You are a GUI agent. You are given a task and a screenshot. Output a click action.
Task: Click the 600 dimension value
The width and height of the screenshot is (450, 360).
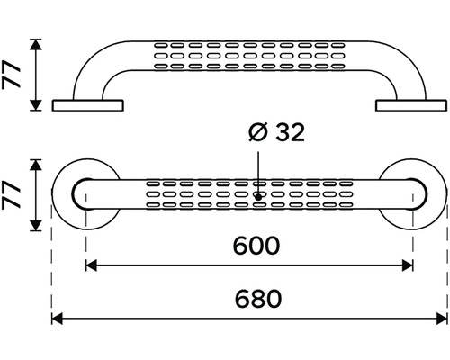pyautogui.click(x=256, y=246)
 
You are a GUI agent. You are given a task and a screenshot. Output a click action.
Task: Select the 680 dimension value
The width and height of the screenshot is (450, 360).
pyautogui.click(x=258, y=299)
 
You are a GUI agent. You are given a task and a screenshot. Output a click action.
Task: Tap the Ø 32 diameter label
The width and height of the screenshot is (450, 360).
pyautogui.click(x=276, y=132)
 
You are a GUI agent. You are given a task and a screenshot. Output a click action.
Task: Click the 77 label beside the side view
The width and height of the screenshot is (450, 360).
pyautogui.click(x=11, y=75)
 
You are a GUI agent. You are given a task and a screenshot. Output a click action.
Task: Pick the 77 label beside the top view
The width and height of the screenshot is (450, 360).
pyautogui.click(x=11, y=195)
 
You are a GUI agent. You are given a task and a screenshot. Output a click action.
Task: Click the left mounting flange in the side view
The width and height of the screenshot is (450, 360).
pyautogui.click(x=87, y=105)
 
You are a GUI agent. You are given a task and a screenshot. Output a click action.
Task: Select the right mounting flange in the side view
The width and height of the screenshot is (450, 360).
pyautogui.click(x=411, y=105)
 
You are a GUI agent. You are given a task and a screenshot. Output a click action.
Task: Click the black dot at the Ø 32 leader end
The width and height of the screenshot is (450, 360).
pyautogui.click(x=258, y=197)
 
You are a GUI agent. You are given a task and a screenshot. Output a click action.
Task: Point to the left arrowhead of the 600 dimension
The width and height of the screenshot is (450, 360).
pyautogui.click(x=91, y=265)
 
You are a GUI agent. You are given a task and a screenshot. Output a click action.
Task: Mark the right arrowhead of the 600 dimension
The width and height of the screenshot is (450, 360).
pyautogui.click(x=408, y=265)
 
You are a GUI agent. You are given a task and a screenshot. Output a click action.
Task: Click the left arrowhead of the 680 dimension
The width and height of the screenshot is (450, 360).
pyautogui.click(x=57, y=319)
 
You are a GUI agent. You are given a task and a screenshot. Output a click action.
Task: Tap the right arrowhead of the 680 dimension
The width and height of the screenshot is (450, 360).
pyautogui.click(x=442, y=319)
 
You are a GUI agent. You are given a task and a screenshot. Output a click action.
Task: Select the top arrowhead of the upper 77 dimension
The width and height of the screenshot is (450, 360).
pyautogui.click(x=36, y=44)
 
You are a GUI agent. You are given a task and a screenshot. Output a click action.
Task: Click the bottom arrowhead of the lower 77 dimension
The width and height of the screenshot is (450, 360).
pyautogui.click(x=36, y=226)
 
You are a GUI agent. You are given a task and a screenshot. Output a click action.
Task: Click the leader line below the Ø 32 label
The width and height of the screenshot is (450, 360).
pyautogui.click(x=258, y=174)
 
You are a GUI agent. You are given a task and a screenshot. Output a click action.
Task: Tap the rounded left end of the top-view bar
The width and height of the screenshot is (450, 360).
pyautogui.click(x=73, y=194)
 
